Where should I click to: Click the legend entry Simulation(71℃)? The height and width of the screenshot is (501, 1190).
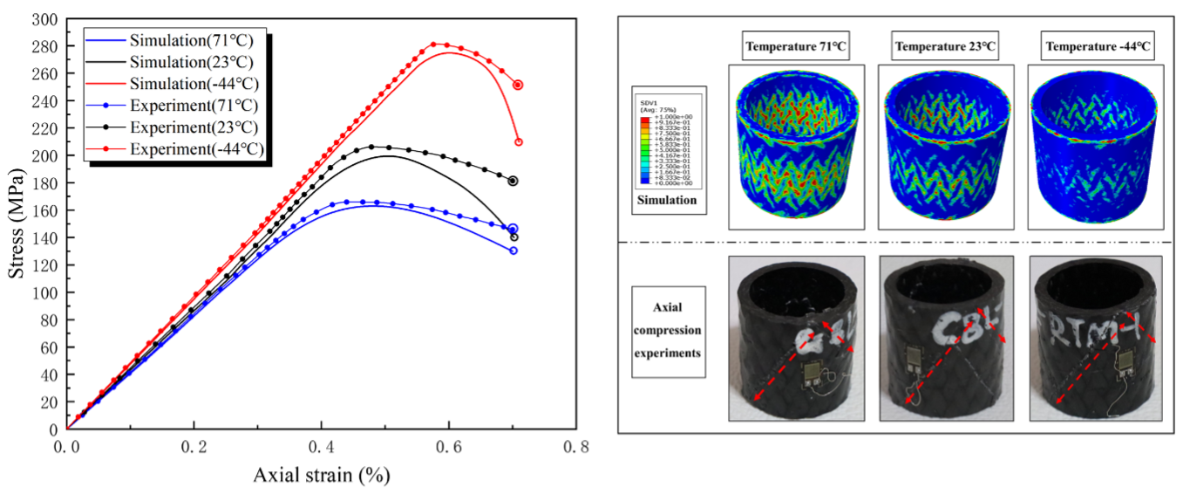click(x=180, y=40)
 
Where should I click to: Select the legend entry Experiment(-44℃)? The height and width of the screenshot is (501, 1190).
click(x=180, y=149)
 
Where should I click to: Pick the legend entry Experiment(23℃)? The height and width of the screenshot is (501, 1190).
click(x=180, y=127)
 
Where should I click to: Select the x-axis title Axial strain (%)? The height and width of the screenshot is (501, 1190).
click(x=321, y=476)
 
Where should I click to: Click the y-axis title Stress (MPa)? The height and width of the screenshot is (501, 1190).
click(x=17, y=224)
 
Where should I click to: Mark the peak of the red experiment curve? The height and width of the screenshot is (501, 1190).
click(x=434, y=44)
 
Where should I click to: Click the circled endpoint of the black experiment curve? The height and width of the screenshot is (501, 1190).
click(x=513, y=182)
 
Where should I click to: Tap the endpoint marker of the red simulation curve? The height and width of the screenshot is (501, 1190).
click(x=519, y=141)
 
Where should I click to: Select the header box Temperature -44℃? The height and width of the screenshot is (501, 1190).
click(x=1092, y=47)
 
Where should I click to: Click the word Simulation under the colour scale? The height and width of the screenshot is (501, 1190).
click(x=669, y=200)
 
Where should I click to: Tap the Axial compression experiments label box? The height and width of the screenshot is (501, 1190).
click(x=670, y=331)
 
